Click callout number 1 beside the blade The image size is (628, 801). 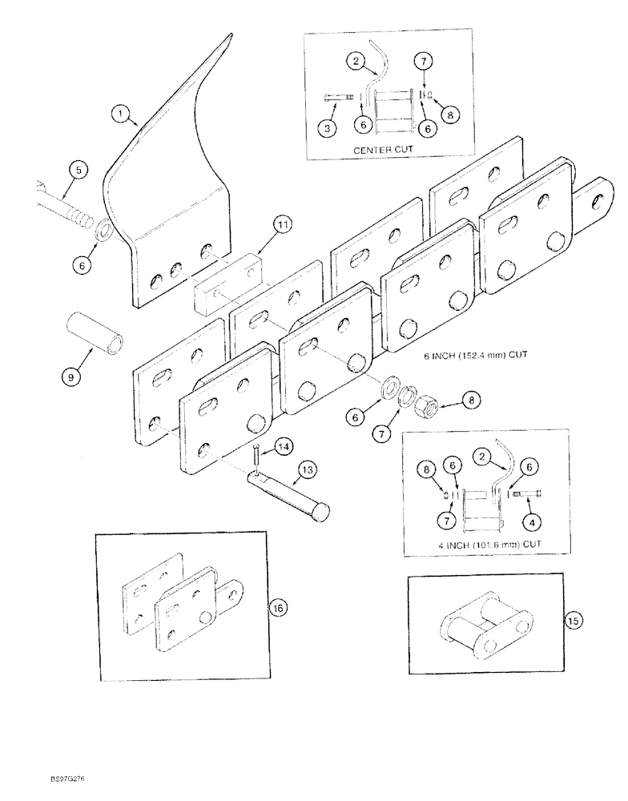click(x=123, y=117)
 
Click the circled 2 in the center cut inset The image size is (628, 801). click(x=357, y=60)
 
